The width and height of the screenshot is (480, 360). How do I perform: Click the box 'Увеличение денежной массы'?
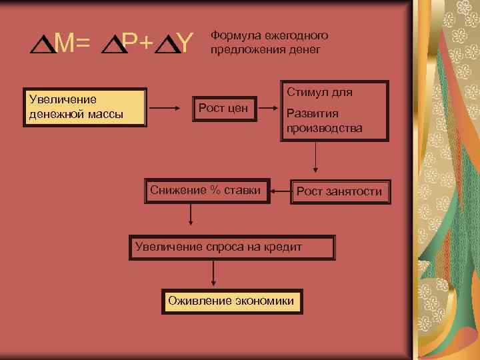click(x=84, y=107)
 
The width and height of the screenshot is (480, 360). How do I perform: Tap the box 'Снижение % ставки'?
click(x=207, y=191)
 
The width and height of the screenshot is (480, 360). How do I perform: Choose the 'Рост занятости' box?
click(x=339, y=191)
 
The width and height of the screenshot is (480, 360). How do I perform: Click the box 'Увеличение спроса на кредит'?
click(x=231, y=247)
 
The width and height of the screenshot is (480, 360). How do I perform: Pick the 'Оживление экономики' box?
click(x=231, y=301)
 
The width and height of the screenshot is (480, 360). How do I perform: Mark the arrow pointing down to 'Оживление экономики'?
click(x=213, y=273)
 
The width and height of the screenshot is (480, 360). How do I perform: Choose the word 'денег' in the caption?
click(x=305, y=49)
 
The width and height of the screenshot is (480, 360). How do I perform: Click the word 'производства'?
click(x=325, y=127)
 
